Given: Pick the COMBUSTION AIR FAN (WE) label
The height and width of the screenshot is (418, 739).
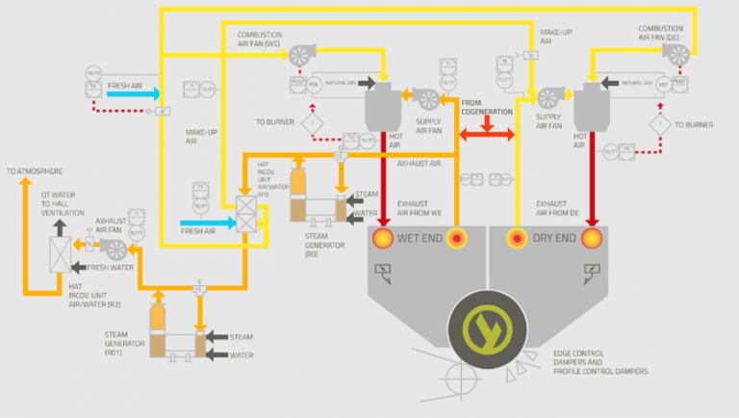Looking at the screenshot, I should pyautogui.click(x=259, y=39).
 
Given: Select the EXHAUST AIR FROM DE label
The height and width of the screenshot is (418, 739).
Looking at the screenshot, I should pyautogui.click(x=555, y=208).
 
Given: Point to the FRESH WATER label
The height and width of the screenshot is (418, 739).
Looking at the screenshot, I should pyautogui.click(x=110, y=267).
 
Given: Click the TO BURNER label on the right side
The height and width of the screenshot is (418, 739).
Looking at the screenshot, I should pyautogui.click(x=694, y=124).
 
